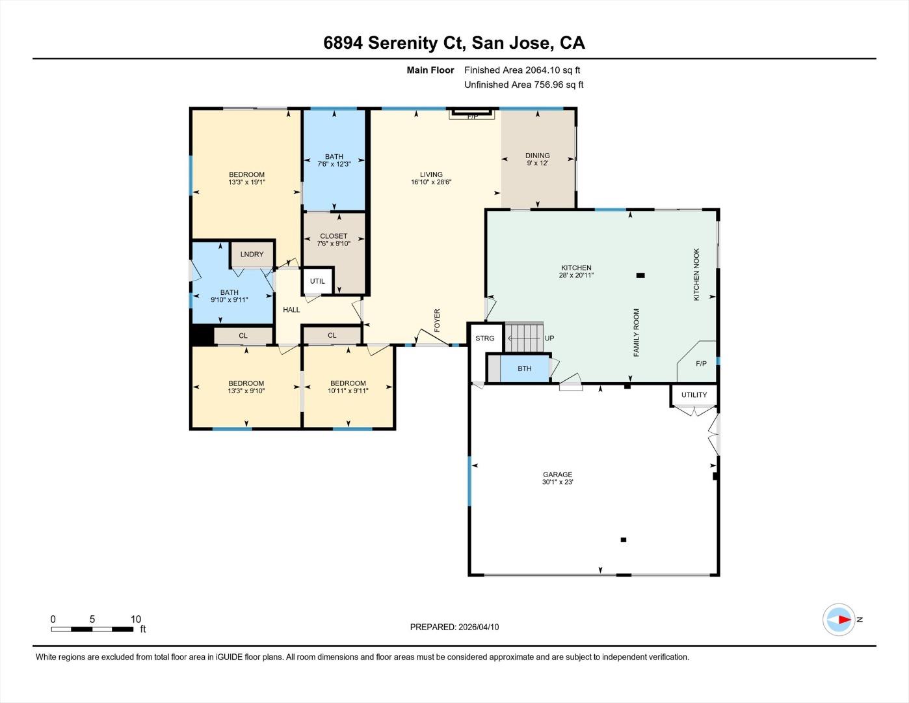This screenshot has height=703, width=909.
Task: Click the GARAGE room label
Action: click(x=557, y=475)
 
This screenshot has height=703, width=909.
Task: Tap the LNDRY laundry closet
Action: click(x=252, y=254)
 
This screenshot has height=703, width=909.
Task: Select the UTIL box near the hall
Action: click(x=317, y=281)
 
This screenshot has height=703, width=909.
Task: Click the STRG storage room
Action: click(x=485, y=338)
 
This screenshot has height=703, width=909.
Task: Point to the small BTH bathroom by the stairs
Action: click(x=524, y=368)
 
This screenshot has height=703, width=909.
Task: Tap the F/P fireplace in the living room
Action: click(x=472, y=115)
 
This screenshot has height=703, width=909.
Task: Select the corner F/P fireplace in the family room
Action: click(x=700, y=363)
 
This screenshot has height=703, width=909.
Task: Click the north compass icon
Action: click(x=839, y=620)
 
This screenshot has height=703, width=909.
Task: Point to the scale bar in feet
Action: click(x=92, y=629)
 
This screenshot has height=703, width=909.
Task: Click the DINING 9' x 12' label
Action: click(x=537, y=159)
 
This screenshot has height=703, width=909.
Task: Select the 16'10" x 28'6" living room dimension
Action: click(x=431, y=182)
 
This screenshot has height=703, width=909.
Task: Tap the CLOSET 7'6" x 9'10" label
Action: click(x=334, y=240)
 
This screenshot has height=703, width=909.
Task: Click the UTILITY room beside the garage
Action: click(x=694, y=394)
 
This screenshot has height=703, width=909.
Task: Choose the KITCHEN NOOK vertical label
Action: click(x=696, y=274)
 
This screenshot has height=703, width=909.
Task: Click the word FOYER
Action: click(x=437, y=320)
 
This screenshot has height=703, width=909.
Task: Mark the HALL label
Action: click(x=291, y=310)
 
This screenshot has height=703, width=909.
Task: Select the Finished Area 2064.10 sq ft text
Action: click(x=522, y=70)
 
